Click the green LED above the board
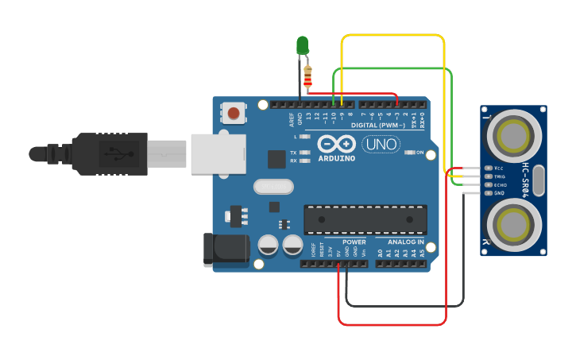(x=303, y=45)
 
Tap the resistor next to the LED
(x=308, y=76)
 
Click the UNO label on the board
(x=381, y=145)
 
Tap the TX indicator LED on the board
(x=303, y=152)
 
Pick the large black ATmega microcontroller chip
(x=365, y=219)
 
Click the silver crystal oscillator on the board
(x=273, y=187)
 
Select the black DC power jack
(x=226, y=249)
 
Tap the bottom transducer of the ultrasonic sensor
(x=513, y=223)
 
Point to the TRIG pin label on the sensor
(x=500, y=176)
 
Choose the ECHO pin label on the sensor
(x=501, y=184)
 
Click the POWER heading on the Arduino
(x=354, y=242)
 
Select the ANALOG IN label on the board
(x=406, y=242)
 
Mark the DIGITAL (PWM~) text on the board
(x=378, y=126)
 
